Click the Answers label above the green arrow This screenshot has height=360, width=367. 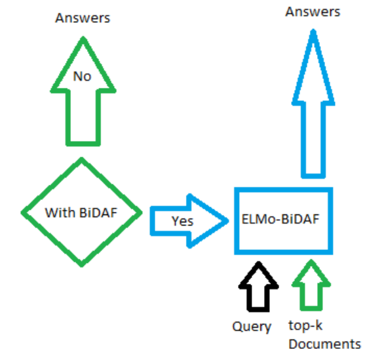[82, 18]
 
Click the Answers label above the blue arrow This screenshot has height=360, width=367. [313, 11]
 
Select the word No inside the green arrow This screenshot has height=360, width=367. [82, 77]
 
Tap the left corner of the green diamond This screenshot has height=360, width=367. [24, 212]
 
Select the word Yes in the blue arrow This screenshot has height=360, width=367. [182, 221]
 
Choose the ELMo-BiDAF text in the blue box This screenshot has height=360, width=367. [282, 220]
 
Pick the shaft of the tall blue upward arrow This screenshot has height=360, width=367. [313, 138]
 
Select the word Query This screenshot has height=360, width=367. [252, 326]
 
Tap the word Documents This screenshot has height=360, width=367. [324, 344]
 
